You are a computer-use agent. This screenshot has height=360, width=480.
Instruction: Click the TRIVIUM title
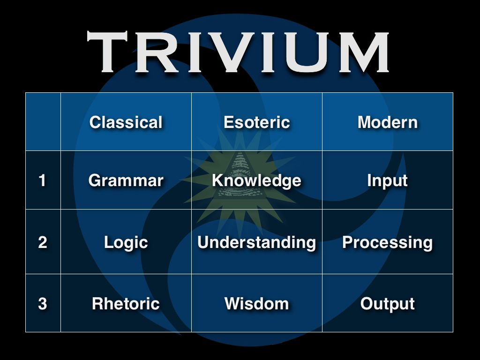pos(238,52)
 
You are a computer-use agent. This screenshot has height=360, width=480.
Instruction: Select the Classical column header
pos(126,122)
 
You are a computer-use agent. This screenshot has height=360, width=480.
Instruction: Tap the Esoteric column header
pos(256,122)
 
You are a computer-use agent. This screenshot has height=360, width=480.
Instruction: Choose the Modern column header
pos(388,122)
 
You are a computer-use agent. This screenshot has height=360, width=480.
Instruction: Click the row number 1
pos(43,180)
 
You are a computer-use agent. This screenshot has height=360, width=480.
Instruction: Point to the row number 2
pos(43,242)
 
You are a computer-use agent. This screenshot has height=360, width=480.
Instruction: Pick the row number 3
pos(43,304)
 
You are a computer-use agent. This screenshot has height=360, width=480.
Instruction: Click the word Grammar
pos(126,180)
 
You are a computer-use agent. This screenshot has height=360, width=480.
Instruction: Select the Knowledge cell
pos(256,180)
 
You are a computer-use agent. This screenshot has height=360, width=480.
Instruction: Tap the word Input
pos(388,180)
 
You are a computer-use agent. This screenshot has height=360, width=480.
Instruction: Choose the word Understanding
pos(256,242)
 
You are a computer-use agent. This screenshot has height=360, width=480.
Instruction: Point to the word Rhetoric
pos(126,304)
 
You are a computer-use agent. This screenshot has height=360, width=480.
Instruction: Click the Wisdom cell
pos(256,304)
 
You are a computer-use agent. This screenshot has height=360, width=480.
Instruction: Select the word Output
pos(388,304)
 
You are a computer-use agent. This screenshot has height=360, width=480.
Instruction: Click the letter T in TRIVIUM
pos(107,52)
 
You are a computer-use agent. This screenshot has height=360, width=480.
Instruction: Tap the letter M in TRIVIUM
pos(364,52)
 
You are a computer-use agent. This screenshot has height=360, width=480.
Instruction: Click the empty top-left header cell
pos(43,121)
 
